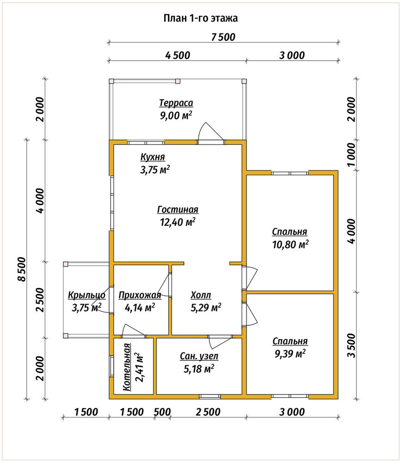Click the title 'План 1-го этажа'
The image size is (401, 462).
[x=201, y=18]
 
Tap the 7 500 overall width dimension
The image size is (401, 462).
[x=223, y=37]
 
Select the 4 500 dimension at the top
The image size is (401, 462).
[x=178, y=55]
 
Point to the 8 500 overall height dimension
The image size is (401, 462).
[x=22, y=269]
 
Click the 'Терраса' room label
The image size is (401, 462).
[x=176, y=103]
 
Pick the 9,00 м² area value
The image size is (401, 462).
[x=176, y=115]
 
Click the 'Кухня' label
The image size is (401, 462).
[x=153, y=157]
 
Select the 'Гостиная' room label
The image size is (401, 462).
[x=178, y=209]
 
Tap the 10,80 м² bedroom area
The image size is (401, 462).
[x=290, y=244]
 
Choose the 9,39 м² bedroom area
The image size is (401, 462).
[x=290, y=353]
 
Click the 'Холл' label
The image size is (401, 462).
[x=201, y=295]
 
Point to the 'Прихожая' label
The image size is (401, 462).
[x=140, y=295]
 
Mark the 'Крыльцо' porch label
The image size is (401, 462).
[x=87, y=295]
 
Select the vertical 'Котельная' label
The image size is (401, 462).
[x=127, y=367]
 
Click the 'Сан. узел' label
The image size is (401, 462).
[x=199, y=356]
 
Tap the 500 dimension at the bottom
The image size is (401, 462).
[x=162, y=412]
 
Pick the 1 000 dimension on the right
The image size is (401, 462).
[x=352, y=155]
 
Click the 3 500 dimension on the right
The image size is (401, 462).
[x=352, y=345]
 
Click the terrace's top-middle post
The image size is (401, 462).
[x=178, y=81]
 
